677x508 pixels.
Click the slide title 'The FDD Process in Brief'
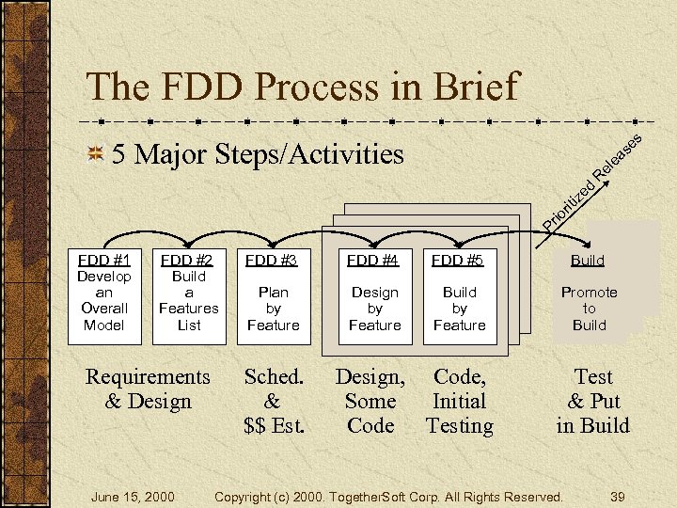pos(302,87)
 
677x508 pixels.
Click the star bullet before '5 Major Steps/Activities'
pos(94,154)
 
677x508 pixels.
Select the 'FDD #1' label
pos(103,260)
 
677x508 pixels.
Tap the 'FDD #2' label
pos(188,260)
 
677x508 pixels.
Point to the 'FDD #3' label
pos(272,260)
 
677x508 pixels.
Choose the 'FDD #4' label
pos(374,260)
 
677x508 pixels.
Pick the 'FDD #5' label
pos(459,260)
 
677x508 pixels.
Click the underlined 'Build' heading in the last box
pos(589,260)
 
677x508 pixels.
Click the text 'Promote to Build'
pos(589,309)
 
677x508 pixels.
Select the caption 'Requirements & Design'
pos(148,389)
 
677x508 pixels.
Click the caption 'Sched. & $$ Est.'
pos(274,401)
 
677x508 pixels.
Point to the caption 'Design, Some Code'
pos(370,401)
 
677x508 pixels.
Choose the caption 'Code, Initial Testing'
pos(459,401)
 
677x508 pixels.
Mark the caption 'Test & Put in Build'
pos(592,401)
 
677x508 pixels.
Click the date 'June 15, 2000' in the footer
pos(131,496)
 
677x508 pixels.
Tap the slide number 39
pos(617,496)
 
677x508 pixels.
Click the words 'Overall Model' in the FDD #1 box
pos(103,317)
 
